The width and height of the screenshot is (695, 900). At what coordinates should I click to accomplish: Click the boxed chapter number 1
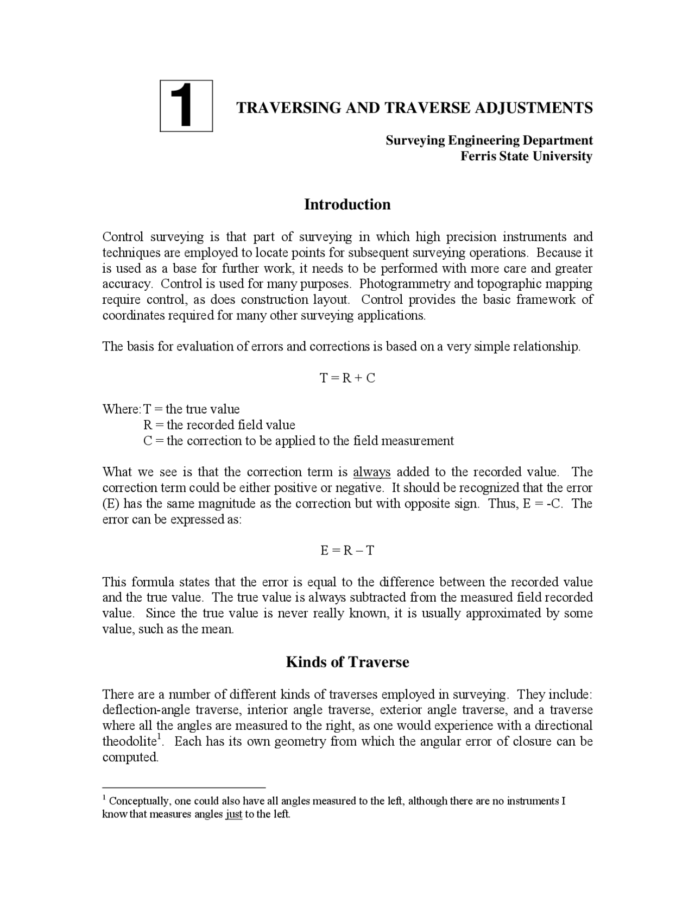pyautogui.click(x=186, y=106)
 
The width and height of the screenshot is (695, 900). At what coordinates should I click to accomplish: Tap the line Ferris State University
pyautogui.click(x=526, y=157)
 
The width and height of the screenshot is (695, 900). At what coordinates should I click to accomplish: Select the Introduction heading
pyautogui.click(x=347, y=204)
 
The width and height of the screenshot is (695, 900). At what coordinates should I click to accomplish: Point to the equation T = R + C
pyautogui.click(x=347, y=378)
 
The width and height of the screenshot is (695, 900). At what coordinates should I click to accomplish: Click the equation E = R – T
pyautogui.click(x=347, y=551)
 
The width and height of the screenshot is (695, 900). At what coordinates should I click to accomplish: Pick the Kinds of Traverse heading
pyautogui.click(x=347, y=662)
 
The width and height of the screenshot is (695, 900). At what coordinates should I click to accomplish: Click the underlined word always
pyautogui.click(x=371, y=472)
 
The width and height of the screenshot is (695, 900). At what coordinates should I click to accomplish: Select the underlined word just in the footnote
pyautogui.click(x=233, y=815)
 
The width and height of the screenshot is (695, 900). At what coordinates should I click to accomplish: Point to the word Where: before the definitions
pyautogui.click(x=122, y=409)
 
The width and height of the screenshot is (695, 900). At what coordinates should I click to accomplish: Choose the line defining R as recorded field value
pyautogui.click(x=219, y=425)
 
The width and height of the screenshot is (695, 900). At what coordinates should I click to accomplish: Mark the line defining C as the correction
pyautogui.click(x=298, y=441)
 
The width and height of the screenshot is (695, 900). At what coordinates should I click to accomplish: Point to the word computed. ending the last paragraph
pyautogui.click(x=130, y=758)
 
